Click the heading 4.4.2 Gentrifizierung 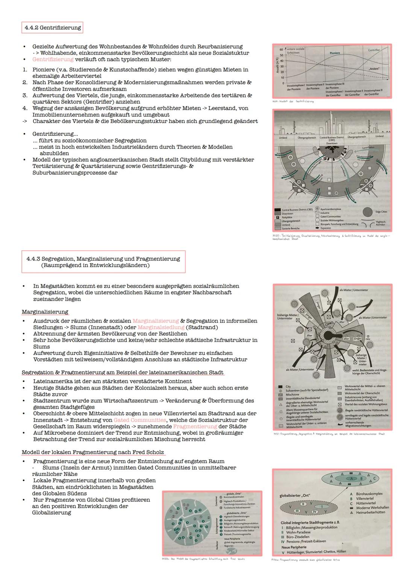click(52, 27)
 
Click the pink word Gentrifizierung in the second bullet click(53, 59)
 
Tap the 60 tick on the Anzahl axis click(281, 50)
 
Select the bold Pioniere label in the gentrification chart click(335, 53)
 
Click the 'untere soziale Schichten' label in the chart click(296, 51)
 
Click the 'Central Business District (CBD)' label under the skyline click(332, 138)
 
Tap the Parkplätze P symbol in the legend click(277, 217)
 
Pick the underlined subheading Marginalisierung click(45, 312)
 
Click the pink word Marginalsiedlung click(161, 327)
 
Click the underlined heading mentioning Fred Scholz click(93, 452)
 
